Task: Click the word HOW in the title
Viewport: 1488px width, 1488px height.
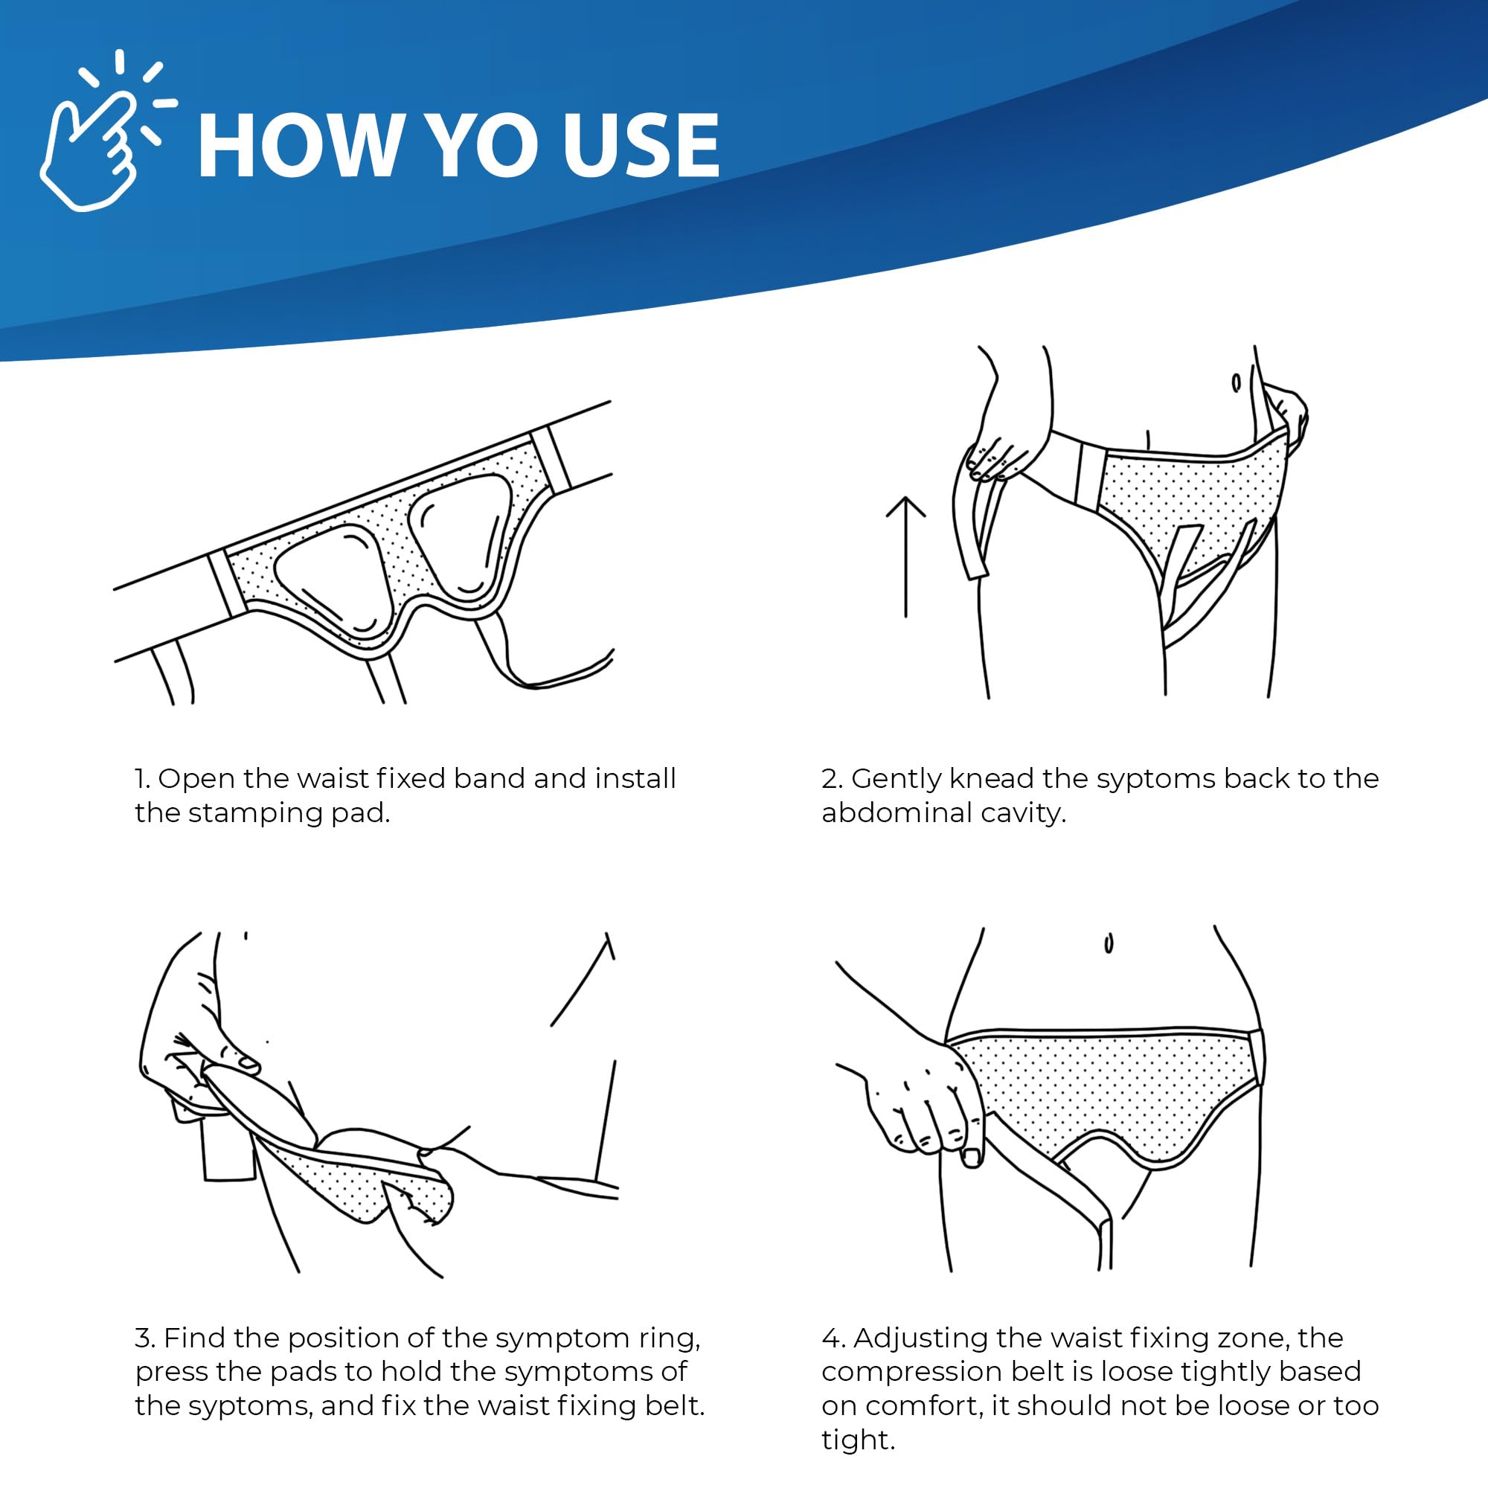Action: pyautogui.click(x=298, y=146)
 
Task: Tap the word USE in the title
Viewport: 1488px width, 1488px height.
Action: pyautogui.click(x=640, y=146)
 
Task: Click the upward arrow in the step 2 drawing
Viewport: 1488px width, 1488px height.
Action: pyautogui.click(x=905, y=555)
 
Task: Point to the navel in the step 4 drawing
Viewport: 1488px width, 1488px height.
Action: pyautogui.click(x=1109, y=943)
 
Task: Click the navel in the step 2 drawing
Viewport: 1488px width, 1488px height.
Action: pyautogui.click(x=1235, y=382)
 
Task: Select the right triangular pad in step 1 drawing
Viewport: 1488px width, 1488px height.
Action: pyautogui.click(x=460, y=533)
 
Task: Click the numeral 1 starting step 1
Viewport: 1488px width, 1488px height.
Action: pyautogui.click(x=139, y=779)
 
